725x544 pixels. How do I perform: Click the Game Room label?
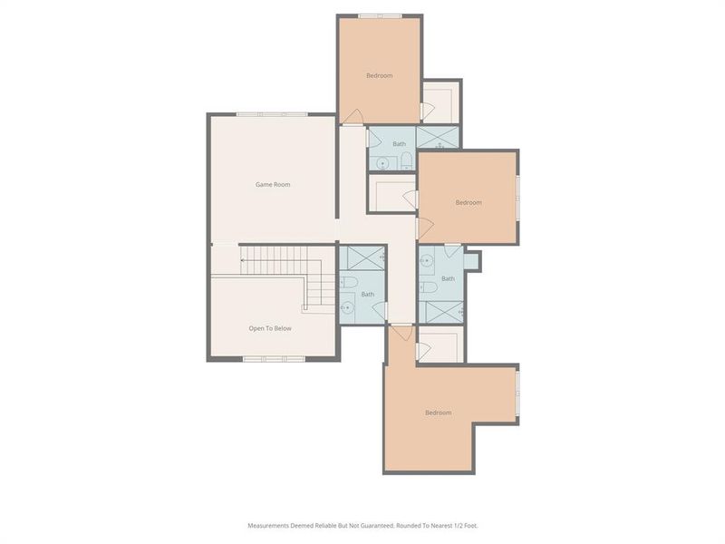(272, 185)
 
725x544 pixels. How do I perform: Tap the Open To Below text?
(270, 328)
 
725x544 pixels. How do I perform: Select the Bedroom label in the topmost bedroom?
(379, 75)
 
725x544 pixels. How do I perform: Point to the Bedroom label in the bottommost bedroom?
(438, 413)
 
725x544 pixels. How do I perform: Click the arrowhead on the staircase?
(242, 260)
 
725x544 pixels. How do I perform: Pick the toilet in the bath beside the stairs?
(350, 284)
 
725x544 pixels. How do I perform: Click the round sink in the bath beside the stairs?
(345, 308)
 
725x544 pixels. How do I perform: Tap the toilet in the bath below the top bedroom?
(406, 161)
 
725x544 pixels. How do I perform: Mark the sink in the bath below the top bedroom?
(382, 163)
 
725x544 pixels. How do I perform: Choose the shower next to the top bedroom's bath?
(439, 138)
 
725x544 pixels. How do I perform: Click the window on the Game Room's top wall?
(272, 114)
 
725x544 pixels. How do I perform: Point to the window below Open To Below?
(274, 359)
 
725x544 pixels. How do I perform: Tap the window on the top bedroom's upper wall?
(379, 15)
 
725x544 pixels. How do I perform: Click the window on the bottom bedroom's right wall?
(518, 394)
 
